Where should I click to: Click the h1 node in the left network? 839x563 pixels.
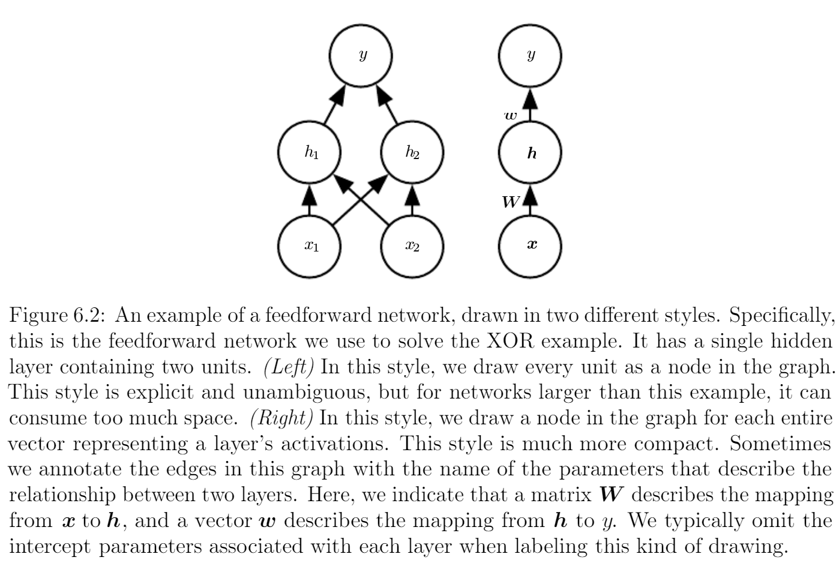coord(310,152)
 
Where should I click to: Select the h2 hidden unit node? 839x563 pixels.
coord(412,152)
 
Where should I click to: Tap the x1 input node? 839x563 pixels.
coord(310,246)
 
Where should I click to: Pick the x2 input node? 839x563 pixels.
coord(412,246)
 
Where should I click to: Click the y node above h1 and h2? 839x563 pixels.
coord(361,56)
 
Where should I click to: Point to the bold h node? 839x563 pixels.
coord(531,152)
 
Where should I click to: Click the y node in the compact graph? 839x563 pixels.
coord(531,56)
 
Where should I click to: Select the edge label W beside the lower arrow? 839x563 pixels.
coord(511,202)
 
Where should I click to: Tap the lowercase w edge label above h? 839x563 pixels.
coord(511,114)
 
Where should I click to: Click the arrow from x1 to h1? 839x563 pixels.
coord(310,199)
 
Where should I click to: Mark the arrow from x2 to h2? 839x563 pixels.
coord(412,199)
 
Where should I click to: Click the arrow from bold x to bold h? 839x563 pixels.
coord(530,199)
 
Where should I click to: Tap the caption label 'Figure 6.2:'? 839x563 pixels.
coord(57,316)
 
